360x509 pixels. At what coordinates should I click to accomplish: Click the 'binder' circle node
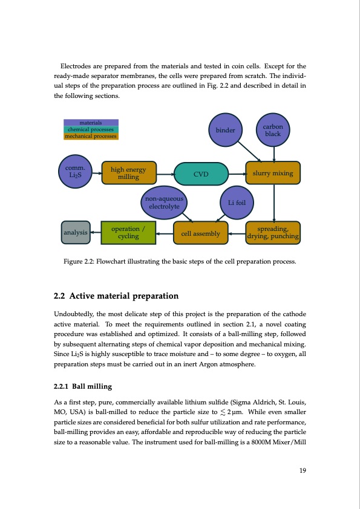225,129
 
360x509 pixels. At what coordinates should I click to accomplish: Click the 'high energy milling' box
129,173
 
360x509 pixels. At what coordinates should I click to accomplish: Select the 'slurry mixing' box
272,173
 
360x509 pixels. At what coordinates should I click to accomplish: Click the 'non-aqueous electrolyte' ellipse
164,204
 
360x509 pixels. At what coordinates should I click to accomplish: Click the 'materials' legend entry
91,123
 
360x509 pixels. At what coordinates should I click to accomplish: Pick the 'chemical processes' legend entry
91,129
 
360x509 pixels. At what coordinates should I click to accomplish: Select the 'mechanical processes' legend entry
91,136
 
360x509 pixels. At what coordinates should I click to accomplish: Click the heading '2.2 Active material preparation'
116,296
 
